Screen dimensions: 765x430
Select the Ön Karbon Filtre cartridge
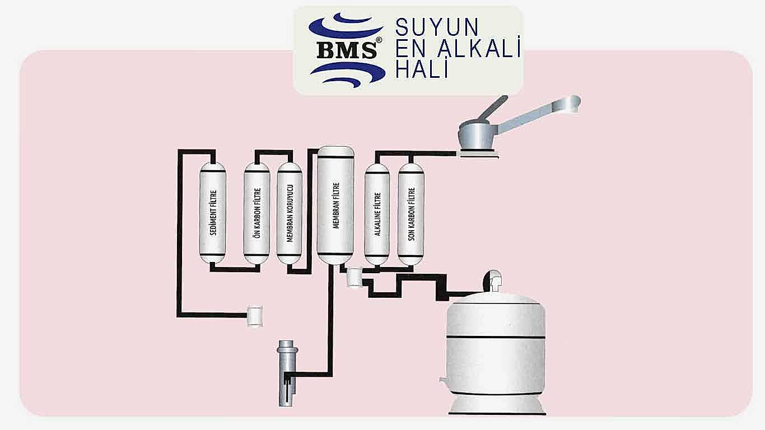click(257, 213)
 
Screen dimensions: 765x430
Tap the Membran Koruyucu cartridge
click(290, 213)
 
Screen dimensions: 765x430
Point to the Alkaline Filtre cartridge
click(377, 214)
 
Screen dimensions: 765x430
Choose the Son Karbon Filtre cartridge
click(411, 214)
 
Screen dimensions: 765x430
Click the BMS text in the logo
click(347, 50)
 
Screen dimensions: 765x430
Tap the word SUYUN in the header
click(437, 27)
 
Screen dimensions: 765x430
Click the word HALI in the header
click(422, 68)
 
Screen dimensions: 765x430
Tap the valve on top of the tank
click(493, 281)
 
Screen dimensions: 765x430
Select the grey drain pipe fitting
click(287, 373)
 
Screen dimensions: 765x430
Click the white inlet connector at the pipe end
click(255, 316)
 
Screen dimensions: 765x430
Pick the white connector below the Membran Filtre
click(354, 278)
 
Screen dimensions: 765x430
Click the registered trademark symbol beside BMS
click(379, 40)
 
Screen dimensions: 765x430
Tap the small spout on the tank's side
click(442, 379)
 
